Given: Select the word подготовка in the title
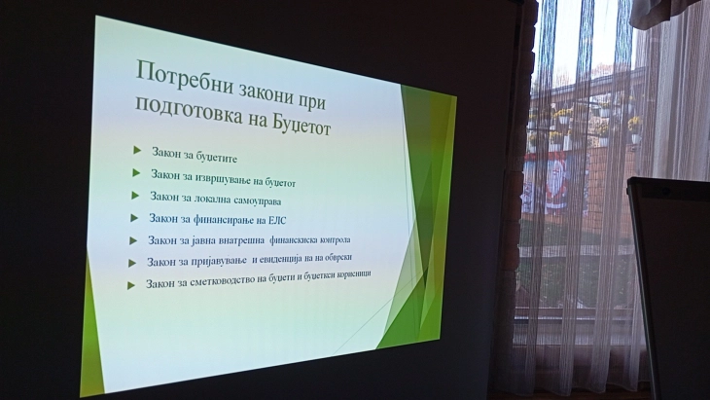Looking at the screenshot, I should click(x=186, y=106).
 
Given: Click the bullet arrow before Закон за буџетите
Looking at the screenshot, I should click(x=137, y=149).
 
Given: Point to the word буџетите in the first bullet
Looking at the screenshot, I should click(x=214, y=155).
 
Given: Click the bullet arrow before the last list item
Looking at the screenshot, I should click(x=131, y=285).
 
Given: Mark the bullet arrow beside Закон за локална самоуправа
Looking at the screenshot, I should click(x=135, y=196).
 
